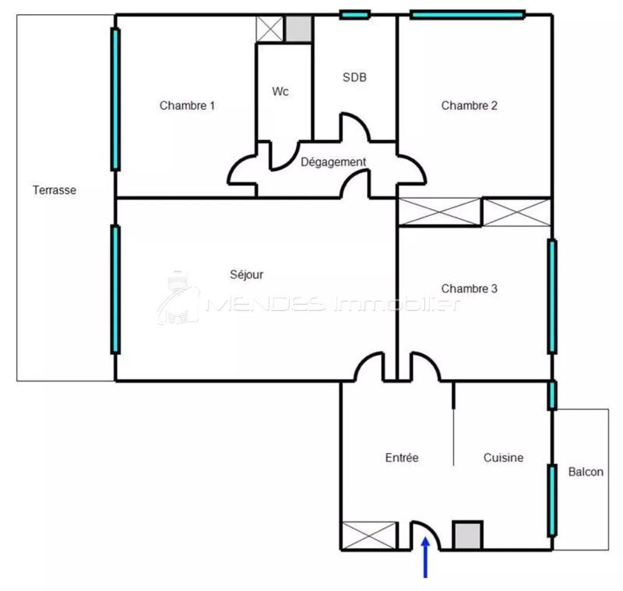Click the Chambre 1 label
(187, 105)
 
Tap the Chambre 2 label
(469, 105)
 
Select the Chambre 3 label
(469, 288)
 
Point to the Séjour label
(247, 274)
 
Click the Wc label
(280, 91)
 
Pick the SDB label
(354, 77)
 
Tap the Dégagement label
(333, 161)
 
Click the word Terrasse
(55, 189)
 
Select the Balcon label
(586, 472)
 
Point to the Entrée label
(403, 458)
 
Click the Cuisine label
(503, 458)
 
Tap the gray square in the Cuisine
(468, 535)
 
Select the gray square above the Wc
(297, 29)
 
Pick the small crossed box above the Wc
(270, 29)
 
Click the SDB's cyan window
(354, 14)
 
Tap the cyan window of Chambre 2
(467, 14)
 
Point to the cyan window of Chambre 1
(115, 99)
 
